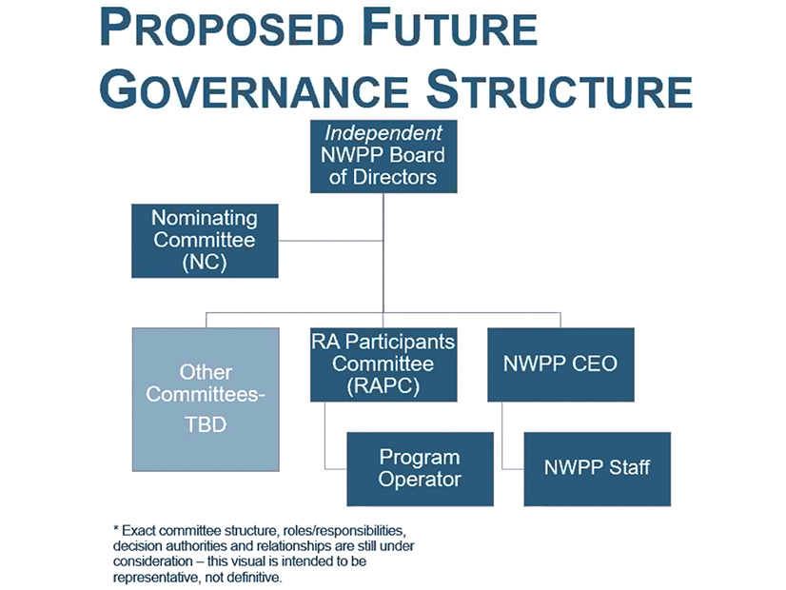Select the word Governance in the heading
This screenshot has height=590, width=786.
click(254, 89)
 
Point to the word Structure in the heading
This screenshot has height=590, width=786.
click(560, 89)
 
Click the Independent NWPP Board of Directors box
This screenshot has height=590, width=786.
click(383, 156)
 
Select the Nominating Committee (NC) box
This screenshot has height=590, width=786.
click(205, 241)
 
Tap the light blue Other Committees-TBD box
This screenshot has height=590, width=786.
click(206, 400)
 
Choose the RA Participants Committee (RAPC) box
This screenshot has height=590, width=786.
click(383, 364)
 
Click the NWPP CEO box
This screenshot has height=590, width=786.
click(560, 364)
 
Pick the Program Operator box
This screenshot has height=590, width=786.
click(420, 469)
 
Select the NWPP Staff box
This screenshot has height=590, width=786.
click(598, 469)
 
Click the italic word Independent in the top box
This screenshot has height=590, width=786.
click(383, 133)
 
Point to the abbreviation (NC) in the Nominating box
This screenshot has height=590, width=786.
click(205, 262)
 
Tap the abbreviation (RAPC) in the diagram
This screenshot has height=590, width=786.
click(383, 386)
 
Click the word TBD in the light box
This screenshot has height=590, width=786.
click(206, 424)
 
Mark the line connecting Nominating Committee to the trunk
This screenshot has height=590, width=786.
click(331, 241)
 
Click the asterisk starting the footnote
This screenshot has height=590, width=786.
click(116, 529)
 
